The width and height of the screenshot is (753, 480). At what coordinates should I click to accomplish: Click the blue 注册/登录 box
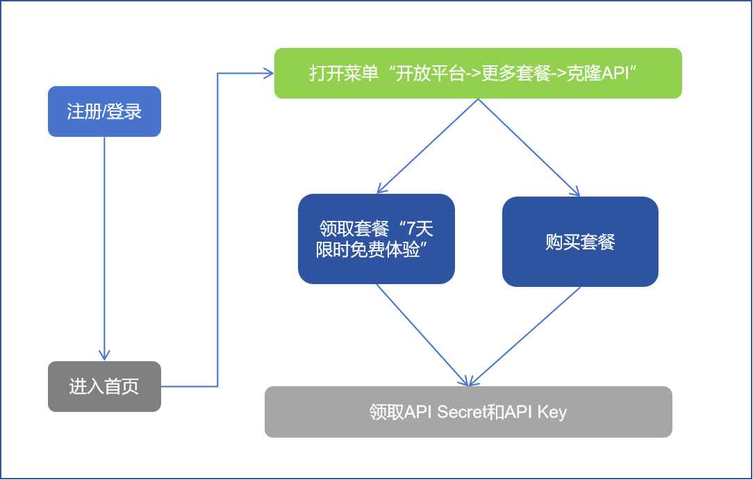click(104, 111)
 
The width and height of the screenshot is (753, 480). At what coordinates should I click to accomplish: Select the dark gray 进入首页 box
click(104, 386)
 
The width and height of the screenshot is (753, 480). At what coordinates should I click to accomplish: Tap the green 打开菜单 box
click(478, 73)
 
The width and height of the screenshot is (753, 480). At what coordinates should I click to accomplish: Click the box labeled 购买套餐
click(580, 242)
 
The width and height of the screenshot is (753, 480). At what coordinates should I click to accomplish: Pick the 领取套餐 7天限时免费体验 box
click(376, 239)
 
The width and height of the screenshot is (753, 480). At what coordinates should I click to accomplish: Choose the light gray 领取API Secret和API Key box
click(468, 412)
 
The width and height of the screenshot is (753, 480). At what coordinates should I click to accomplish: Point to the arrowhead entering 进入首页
click(104, 356)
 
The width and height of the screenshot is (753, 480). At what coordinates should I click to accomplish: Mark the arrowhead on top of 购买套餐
click(575, 192)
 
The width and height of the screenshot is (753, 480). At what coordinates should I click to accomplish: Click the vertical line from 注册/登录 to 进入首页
click(104, 243)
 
